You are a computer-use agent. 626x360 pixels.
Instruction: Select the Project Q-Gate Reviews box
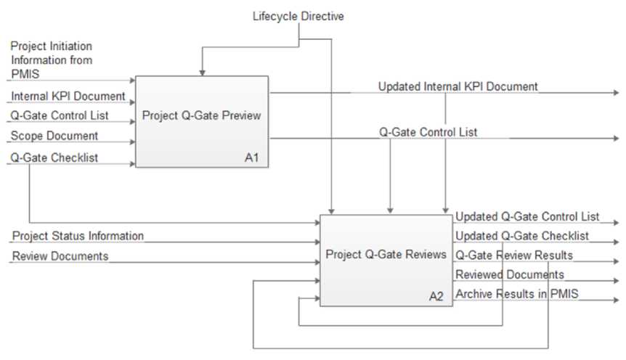tap(386, 255)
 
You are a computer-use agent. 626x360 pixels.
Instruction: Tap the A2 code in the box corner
tap(436, 296)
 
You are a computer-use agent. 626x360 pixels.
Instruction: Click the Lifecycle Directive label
tap(298, 15)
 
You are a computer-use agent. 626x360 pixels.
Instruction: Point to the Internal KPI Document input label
tap(68, 96)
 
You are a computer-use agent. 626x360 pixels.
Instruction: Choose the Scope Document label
tap(54, 136)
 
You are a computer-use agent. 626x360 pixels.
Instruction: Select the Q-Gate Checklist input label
tap(54, 156)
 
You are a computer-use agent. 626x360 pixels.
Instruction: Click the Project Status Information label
tap(78, 236)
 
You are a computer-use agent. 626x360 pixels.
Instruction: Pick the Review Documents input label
tap(60, 256)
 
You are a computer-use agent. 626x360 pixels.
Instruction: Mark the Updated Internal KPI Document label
tap(458, 86)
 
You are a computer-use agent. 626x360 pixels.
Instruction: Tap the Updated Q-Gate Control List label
tap(527, 216)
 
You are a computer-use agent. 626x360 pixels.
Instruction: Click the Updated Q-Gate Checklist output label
tap(521, 236)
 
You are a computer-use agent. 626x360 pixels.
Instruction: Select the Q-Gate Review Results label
tap(514, 255)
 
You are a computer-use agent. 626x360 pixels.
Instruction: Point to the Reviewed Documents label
tap(509, 274)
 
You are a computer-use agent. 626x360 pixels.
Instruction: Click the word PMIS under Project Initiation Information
tap(26, 74)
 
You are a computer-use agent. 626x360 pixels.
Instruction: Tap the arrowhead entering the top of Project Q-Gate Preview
tap(202, 73)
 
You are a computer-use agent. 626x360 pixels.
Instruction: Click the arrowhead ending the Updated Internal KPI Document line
tap(617, 94)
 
